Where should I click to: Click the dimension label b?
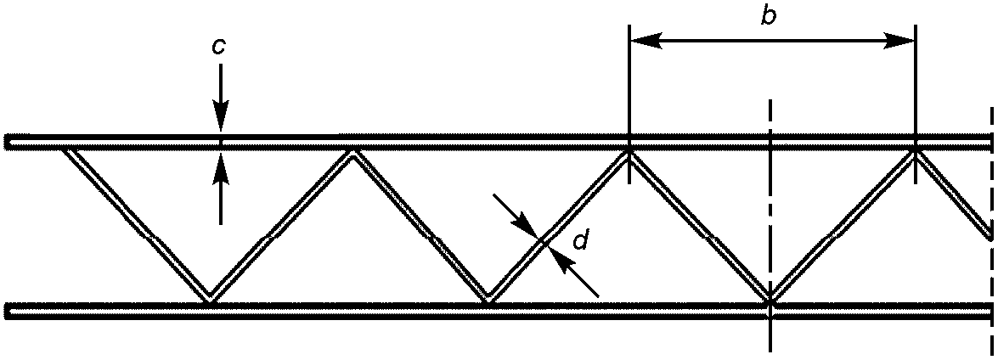tap(767, 17)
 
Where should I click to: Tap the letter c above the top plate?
tap(219, 48)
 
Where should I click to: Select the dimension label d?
tap(581, 242)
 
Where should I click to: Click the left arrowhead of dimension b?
tap(641, 40)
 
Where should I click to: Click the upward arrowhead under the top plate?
tap(220, 164)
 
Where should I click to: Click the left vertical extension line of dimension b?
tap(629, 85)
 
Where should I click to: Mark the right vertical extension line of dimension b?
tap(915, 85)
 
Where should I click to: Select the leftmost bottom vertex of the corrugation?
tap(209, 298)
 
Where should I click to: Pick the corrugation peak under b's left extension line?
tap(629, 152)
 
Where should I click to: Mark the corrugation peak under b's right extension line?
tap(915, 152)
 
